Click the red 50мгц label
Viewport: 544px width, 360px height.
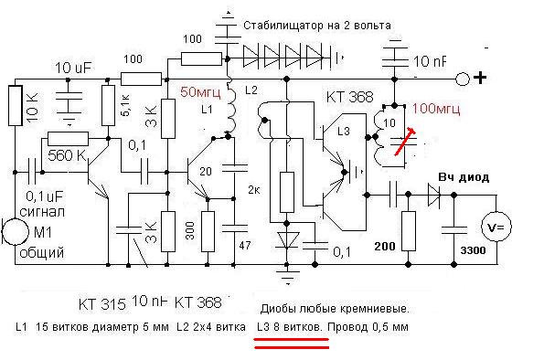[198, 92]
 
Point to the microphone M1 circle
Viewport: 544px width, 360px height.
[12, 231]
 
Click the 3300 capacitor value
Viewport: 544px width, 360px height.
[472, 250]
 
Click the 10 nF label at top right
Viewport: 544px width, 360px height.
[429, 61]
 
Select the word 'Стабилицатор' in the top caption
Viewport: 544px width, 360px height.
[288, 26]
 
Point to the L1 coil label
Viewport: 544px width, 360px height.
[207, 110]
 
